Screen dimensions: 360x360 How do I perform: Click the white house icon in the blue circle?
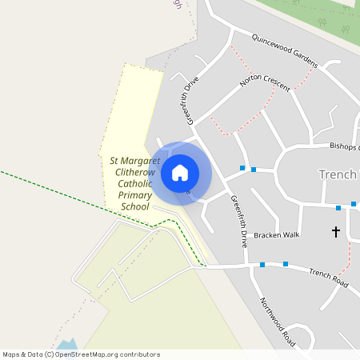tap(180, 173)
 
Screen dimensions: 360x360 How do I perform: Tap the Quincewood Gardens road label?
tap(285, 50)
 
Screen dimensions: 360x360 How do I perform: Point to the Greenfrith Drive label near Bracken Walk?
tap(238, 220)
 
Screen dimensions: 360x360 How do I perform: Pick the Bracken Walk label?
tap(276, 235)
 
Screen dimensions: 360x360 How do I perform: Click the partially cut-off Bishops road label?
tap(345, 146)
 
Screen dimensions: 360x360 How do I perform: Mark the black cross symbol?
tap(335, 232)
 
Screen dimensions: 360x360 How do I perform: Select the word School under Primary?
tap(134, 207)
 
